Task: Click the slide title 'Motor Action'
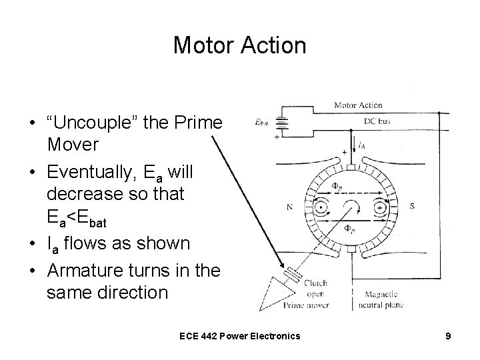tap(239, 45)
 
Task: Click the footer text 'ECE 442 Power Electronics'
tap(240, 336)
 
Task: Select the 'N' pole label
tap(289, 207)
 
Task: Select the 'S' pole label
tap(412, 207)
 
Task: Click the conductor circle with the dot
tap(321, 207)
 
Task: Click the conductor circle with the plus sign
tap(379, 207)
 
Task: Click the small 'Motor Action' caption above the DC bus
tap(357, 105)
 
